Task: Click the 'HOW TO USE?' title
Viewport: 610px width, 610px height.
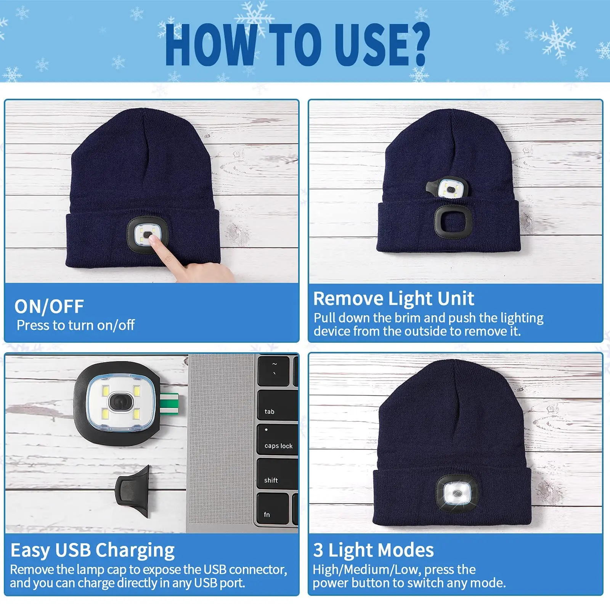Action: [297, 45]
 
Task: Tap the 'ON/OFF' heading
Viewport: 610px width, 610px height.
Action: [49, 306]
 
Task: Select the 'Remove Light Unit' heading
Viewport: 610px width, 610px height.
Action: [393, 299]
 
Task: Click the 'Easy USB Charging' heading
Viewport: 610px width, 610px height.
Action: [93, 550]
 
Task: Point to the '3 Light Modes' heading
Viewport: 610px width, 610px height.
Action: [374, 550]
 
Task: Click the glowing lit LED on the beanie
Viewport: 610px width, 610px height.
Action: [456, 494]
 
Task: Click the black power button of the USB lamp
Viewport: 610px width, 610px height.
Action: [121, 402]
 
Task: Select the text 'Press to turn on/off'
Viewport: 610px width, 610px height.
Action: [75, 325]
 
